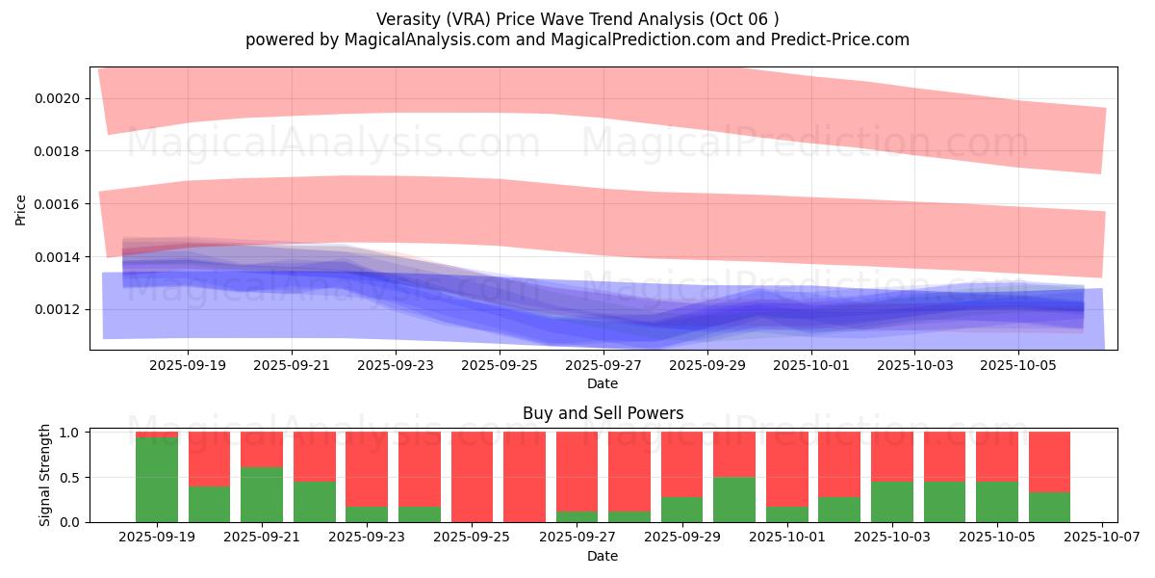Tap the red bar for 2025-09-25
point(472,476)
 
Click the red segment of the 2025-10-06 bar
point(1049,461)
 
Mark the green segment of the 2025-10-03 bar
point(891,501)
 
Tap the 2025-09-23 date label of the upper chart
point(396,366)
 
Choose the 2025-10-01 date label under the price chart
point(811,366)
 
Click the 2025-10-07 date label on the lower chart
point(1100,538)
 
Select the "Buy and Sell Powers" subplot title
point(603,413)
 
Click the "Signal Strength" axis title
point(45,476)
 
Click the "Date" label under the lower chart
point(603,556)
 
